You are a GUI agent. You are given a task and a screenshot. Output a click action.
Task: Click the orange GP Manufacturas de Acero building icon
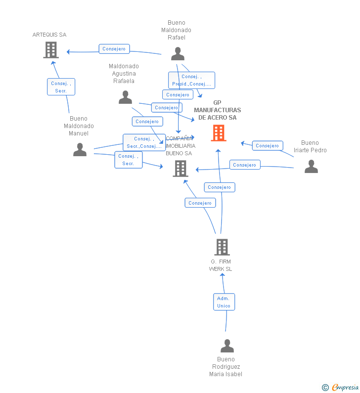pyautogui.click(x=219, y=133)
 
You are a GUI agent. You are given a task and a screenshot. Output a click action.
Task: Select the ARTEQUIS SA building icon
pyautogui.click(x=51, y=50)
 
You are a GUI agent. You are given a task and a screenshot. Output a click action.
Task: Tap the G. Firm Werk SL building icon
pyautogui.click(x=222, y=247)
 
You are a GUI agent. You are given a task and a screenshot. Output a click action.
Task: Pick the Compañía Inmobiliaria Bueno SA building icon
pyautogui.click(x=180, y=169)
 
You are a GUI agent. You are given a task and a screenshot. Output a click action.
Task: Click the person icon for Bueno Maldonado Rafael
pyautogui.click(x=178, y=53)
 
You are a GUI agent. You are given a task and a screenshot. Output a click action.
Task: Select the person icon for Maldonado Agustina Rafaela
pyautogui.click(x=125, y=97)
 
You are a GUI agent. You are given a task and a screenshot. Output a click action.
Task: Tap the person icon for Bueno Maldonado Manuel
pyautogui.click(x=80, y=149)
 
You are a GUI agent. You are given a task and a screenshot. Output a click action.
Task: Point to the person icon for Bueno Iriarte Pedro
pyautogui.click(x=311, y=166)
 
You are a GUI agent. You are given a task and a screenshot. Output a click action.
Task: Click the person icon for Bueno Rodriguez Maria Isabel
pyautogui.click(x=227, y=346)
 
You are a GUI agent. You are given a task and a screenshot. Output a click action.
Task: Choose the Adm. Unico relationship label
pyautogui.click(x=224, y=302)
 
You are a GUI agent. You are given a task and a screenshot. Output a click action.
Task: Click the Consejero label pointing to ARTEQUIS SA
pyautogui.click(x=114, y=49)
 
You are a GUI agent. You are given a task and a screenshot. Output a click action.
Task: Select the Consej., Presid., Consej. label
pyautogui.click(x=191, y=80)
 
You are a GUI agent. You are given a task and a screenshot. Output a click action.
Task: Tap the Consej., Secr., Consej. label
pyautogui.click(x=144, y=142)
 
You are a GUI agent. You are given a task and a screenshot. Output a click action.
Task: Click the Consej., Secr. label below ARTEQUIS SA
pyautogui.click(x=61, y=87)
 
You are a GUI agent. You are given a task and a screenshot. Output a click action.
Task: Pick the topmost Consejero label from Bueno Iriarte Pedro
pyautogui.click(x=268, y=145)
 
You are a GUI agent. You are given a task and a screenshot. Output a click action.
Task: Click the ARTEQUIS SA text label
pyautogui.click(x=49, y=35)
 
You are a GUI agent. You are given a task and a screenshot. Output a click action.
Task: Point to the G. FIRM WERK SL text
pyautogui.click(x=221, y=265)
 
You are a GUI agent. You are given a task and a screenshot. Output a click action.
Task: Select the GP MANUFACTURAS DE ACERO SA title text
pyautogui.click(x=218, y=110)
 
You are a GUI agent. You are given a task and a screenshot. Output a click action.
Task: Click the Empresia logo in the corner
pyautogui.click(x=345, y=387)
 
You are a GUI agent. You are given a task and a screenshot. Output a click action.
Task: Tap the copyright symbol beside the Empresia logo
pyautogui.click(x=325, y=388)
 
